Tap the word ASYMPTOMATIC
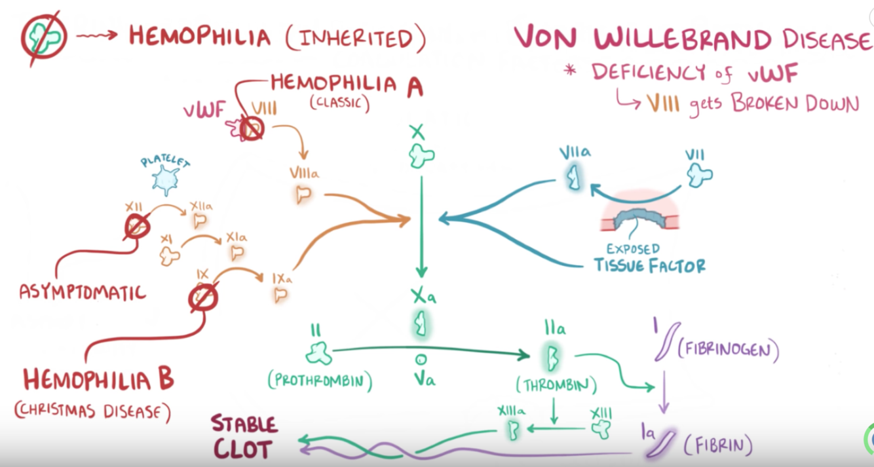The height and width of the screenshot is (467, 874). pos(82,291)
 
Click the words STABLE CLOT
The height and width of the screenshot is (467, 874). pos(243,437)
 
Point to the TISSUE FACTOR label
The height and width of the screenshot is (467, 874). pos(649,265)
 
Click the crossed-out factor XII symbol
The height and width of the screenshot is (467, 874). pos(137,227)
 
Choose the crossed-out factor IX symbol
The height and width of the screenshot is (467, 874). pos(202,298)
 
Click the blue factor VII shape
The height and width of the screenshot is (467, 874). pos(700,174)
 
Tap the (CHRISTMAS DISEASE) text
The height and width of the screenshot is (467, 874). pos(92,411)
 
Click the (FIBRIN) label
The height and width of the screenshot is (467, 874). pos(718,446)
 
